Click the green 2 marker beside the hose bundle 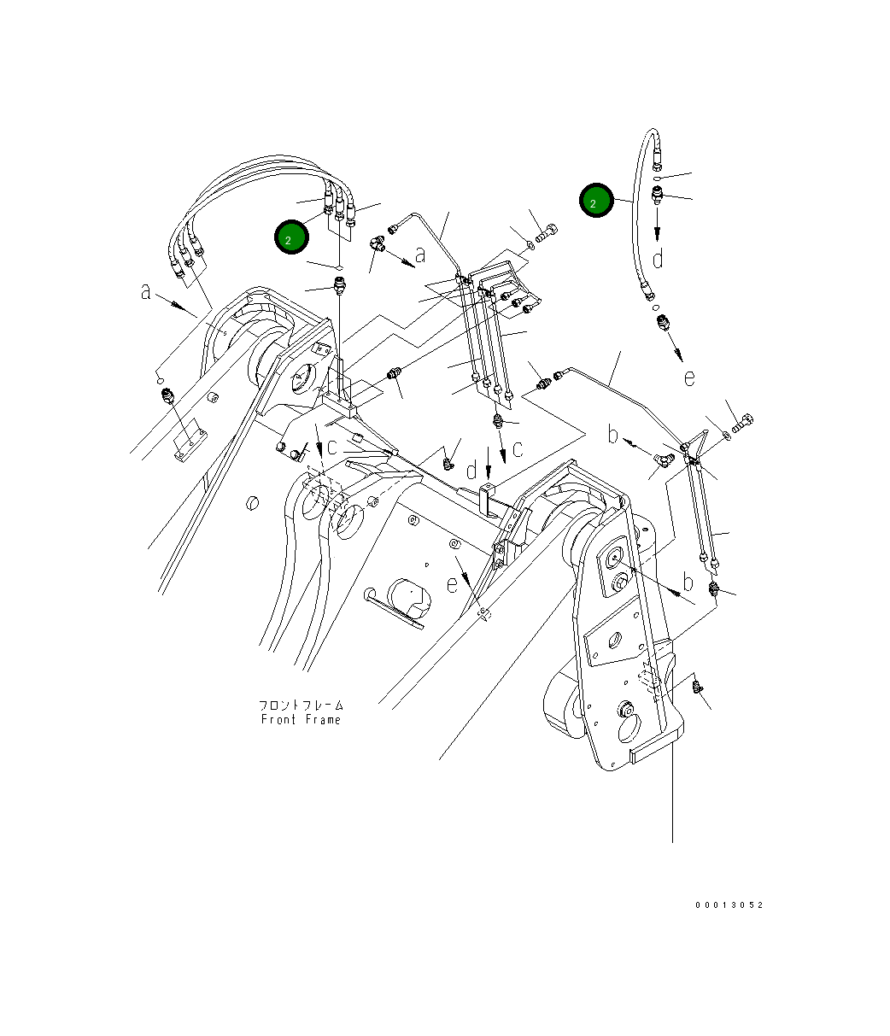[x=290, y=238]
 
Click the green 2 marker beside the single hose [x=595, y=202]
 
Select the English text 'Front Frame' [x=301, y=720]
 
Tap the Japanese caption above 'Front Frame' [x=301, y=705]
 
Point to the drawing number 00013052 [x=729, y=905]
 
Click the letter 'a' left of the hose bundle [x=147, y=292]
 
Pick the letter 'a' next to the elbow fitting [x=419, y=254]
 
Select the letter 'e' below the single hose [x=688, y=377]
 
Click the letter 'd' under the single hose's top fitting [x=658, y=257]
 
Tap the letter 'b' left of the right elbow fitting [x=612, y=435]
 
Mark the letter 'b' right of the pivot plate [x=688, y=583]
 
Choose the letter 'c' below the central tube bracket [x=517, y=450]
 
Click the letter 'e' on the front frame [x=452, y=583]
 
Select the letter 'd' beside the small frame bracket [x=471, y=471]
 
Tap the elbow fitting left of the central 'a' [x=377, y=245]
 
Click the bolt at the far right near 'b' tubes [x=741, y=421]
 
